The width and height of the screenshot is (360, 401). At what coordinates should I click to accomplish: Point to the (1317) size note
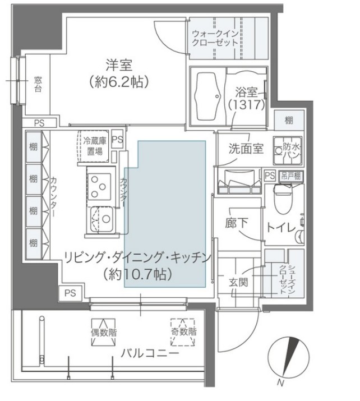243,104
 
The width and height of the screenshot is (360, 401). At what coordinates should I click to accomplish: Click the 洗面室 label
246,149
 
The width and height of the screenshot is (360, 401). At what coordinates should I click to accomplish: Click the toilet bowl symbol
281,197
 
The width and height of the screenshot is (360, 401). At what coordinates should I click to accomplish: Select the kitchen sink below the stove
100,217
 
